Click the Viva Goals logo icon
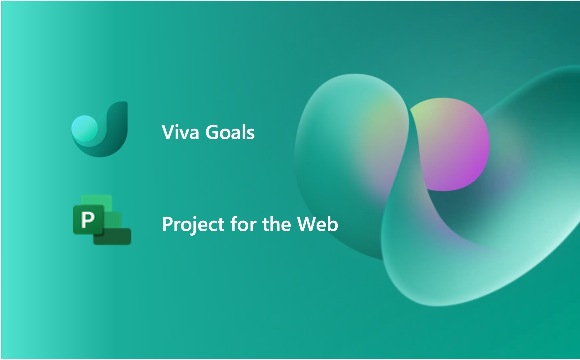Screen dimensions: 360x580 (100, 129)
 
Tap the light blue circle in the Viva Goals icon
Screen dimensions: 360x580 (84, 128)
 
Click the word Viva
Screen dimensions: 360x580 (180, 132)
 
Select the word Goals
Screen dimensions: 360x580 (230, 132)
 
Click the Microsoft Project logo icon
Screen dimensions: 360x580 (102, 220)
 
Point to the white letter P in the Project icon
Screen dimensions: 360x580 (88, 219)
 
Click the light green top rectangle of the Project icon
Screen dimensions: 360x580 (97, 199)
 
